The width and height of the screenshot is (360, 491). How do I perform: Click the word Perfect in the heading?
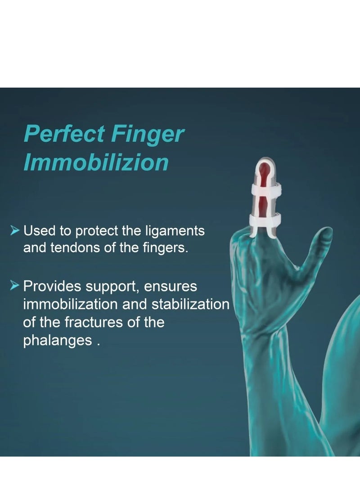[x=64, y=134]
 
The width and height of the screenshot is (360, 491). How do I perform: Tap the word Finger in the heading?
[x=148, y=135]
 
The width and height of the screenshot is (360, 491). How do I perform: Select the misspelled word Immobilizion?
[x=96, y=162]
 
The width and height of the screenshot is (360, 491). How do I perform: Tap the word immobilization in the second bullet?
[x=71, y=304]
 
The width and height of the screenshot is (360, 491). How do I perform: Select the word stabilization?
[x=191, y=304]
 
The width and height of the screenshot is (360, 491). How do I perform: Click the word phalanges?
[x=58, y=341]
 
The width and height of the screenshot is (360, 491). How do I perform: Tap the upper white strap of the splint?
[x=266, y=189]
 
